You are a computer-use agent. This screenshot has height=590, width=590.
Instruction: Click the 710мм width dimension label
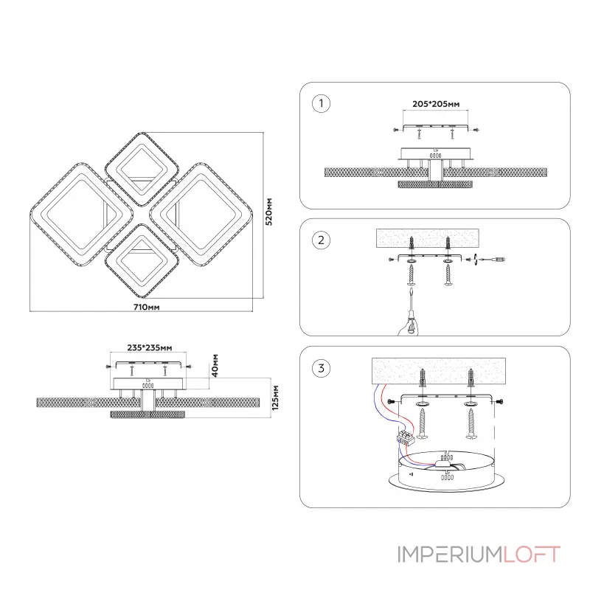click(x=148, y=305)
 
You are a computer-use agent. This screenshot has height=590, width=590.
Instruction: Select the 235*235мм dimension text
click(x=150, y=347)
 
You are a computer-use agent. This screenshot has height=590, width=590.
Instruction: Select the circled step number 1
click(x=320, y=104)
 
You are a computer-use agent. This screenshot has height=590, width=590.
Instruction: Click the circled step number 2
click(x=320, y=240)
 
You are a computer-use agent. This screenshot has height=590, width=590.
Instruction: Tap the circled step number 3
click(x=320, y=368)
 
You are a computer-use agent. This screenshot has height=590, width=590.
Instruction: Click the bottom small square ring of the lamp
click(x=140, y=257)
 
